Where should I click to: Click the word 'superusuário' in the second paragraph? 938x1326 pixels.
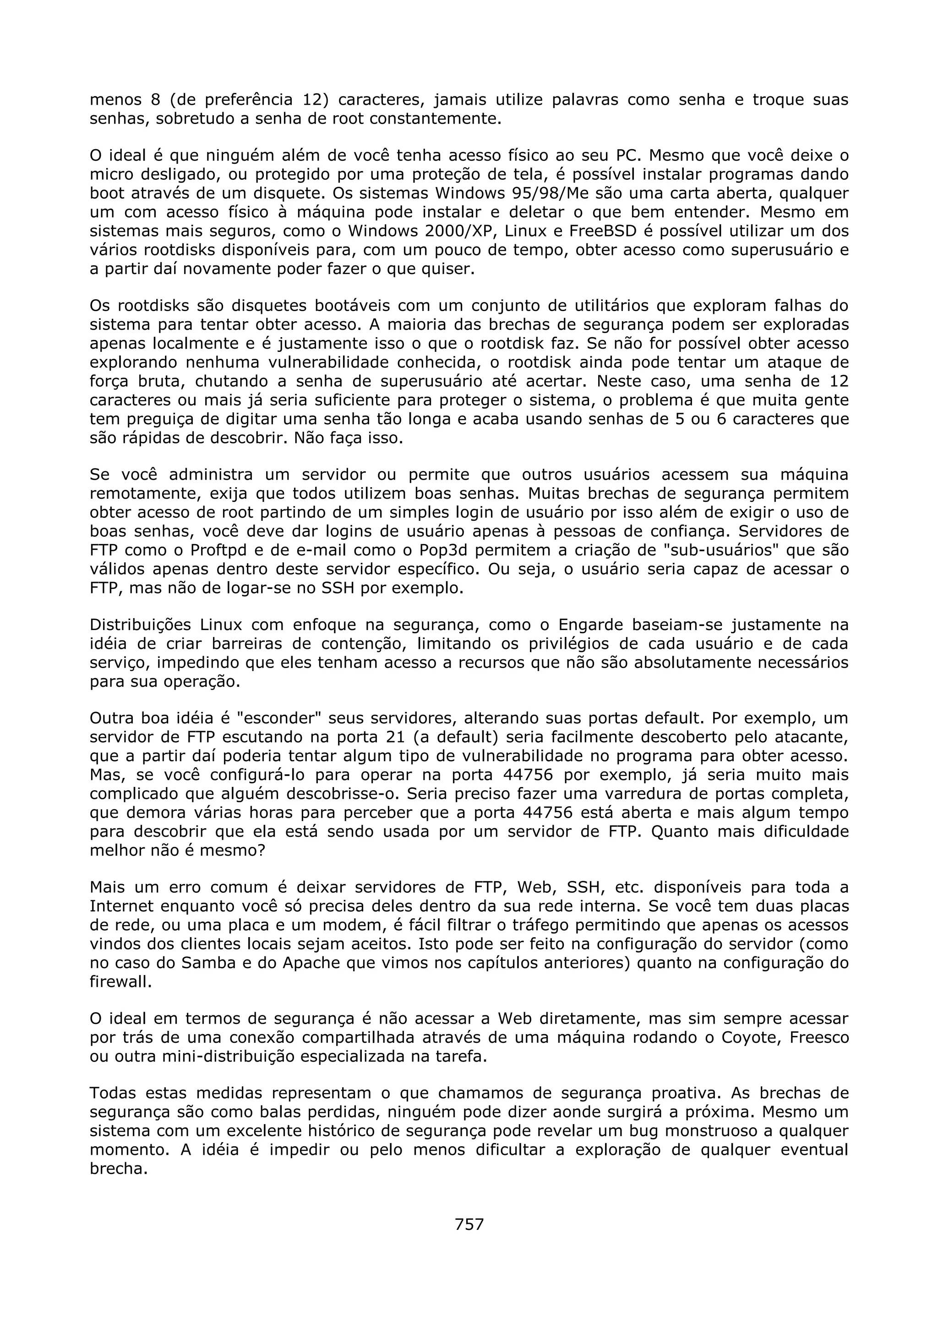778,250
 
